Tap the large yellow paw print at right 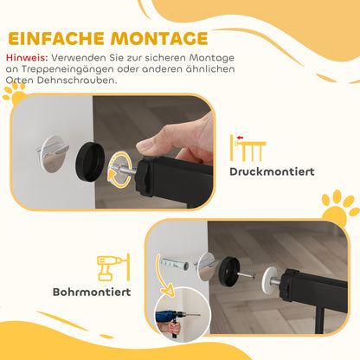(x=339, y=209)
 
